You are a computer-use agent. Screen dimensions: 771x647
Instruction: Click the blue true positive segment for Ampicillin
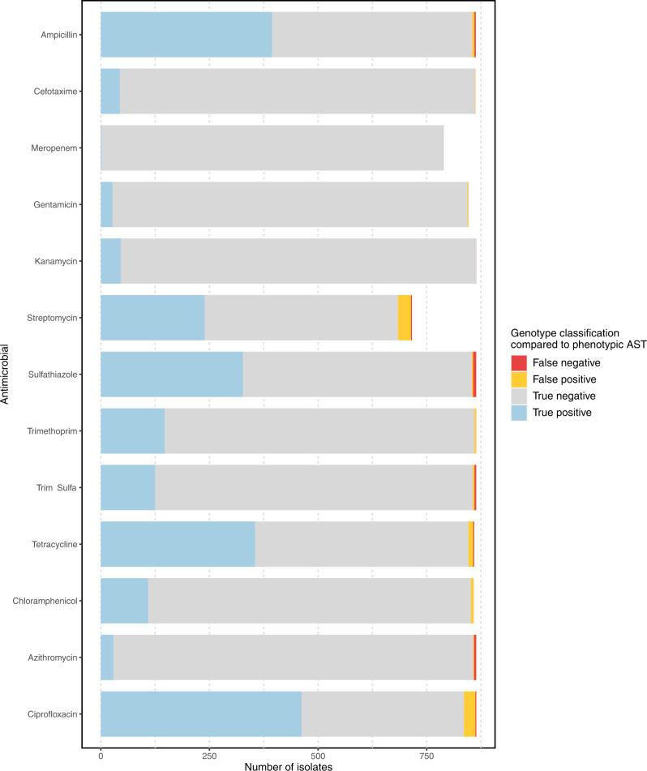(x=186, y=35)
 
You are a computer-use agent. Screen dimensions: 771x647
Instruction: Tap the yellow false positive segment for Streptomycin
(x=404, y=318)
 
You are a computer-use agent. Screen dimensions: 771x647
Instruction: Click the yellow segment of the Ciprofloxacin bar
(x=469, y=713)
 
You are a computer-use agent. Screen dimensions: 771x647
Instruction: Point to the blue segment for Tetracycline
(x=178, y=544)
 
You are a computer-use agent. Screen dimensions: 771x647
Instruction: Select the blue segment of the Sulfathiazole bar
(x=171, y=374)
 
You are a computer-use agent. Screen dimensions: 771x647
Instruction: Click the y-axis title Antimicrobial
(x=7, y=374)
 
